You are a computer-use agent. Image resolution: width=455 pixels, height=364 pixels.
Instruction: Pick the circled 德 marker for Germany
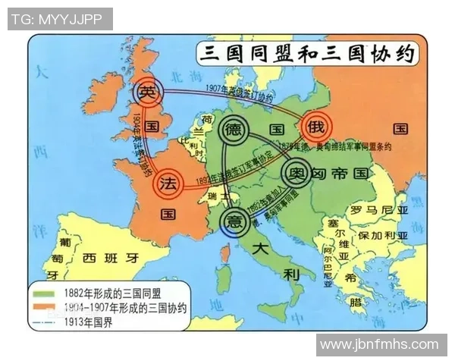tap(234, 129)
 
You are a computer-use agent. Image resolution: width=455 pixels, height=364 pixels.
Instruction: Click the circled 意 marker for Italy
tap(234, 221)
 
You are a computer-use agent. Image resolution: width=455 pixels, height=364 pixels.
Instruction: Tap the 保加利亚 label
tap(383, 236)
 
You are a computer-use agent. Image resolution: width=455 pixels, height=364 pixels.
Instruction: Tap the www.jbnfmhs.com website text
tap(379, 344)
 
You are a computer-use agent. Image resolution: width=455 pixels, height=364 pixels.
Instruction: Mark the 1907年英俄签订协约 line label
tap(236, 93)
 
